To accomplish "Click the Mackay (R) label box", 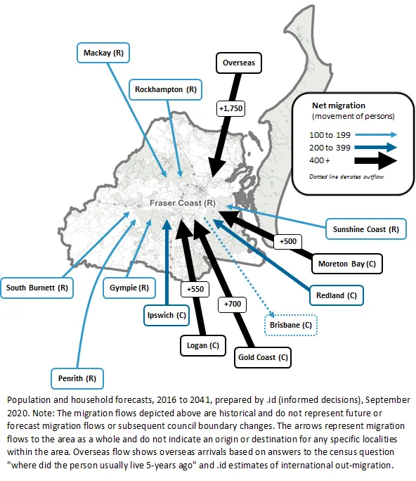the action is pos(103,53).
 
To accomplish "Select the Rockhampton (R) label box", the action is pos(166,89).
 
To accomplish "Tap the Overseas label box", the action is pos(239,63).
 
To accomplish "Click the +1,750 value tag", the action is pos(231,108).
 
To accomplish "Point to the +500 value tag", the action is pos(288,241).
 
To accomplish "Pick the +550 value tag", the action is pos(195,289).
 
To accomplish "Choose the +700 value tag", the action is pos(232,304).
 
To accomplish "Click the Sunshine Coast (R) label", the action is pos(365,229).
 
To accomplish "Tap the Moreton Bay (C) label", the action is pos(347,264).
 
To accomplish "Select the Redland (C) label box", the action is pos(337,295).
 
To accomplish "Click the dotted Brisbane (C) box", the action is pos(291,325).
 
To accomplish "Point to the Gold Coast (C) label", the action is pos(263,358).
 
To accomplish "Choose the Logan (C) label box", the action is pos(203,346).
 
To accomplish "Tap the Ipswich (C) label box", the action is pos(167,315).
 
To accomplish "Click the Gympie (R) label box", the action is pos(129,288).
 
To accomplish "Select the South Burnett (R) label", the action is pos(37,288).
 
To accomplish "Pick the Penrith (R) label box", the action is pos(77,378).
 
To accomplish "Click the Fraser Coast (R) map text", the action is pos(183,203).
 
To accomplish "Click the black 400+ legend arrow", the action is pos(375,161).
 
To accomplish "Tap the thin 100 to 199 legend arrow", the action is pos(376,134).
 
